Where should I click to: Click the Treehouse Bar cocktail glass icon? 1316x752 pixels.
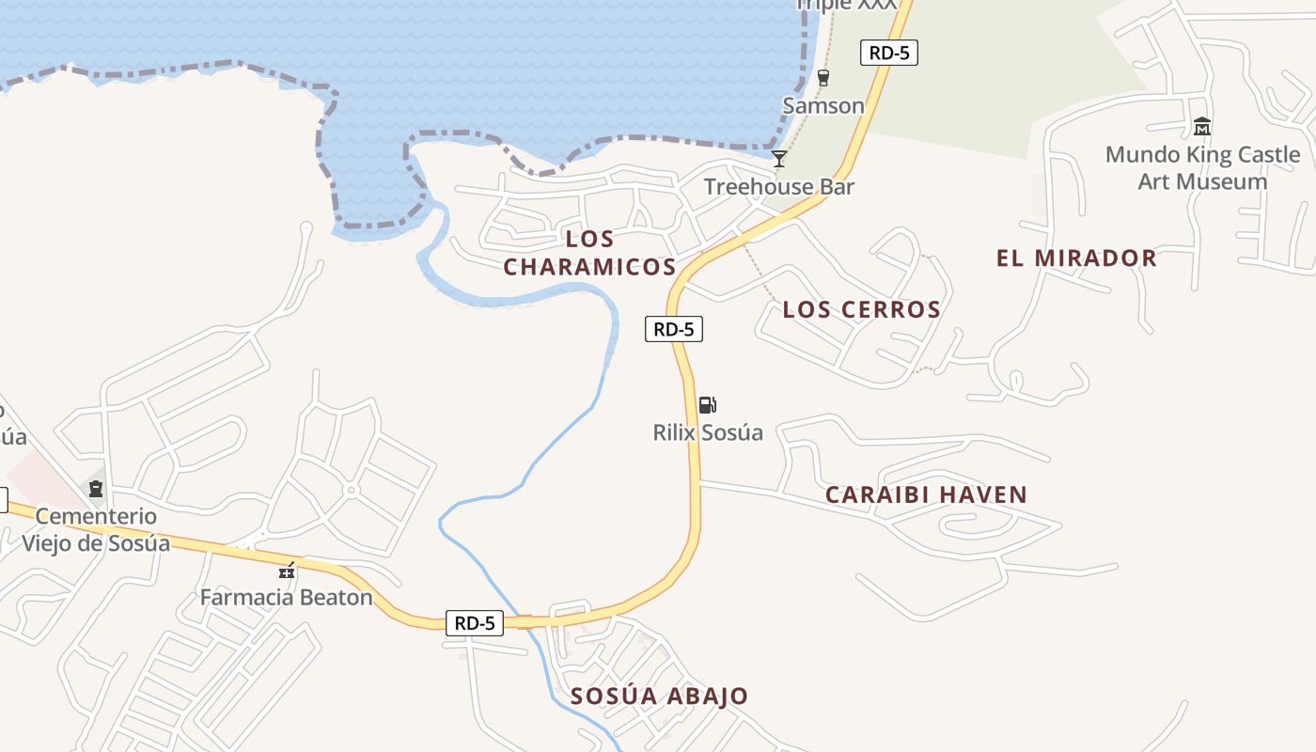[x=779, y=158]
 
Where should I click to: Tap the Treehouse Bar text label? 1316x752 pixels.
[x=779, y=186]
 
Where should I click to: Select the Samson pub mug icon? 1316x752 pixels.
[x=823, y=78]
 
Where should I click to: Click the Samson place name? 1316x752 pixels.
[x=823, y=105]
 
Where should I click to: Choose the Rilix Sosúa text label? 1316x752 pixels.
[x=708, y=432]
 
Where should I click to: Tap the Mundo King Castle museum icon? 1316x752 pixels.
[x=1201, y=126]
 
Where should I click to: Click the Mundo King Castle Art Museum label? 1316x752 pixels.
[x=1202, y=167]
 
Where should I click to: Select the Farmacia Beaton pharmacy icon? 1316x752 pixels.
[x=287, y=570]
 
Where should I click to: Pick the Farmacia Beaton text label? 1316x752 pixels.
[x=287, y=597]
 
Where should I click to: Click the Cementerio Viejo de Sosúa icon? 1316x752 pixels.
[x=96, y=488]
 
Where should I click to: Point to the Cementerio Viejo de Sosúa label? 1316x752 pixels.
[x=96, y=529]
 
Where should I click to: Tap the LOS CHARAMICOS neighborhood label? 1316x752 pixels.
[x=589, y=253]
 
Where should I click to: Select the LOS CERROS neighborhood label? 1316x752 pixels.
[x=862, y=309]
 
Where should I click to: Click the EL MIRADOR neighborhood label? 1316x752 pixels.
[x=1076, y=258]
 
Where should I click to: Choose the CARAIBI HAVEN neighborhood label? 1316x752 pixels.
[x=926, y=494]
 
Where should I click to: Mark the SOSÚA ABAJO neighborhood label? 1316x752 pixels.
[x=659, y=697]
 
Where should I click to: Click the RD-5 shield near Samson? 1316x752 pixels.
[x=888, y=53]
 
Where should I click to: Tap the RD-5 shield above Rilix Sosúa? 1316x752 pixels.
[x=674, y=329]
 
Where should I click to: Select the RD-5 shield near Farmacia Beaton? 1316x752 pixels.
[x=475, y=622]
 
